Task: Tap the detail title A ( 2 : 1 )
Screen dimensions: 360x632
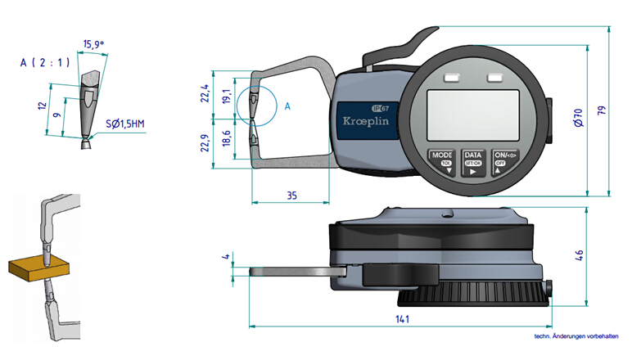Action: tap(45, 61)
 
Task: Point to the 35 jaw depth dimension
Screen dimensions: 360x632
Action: tap(291, 195)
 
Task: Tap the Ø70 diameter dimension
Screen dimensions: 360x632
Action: tap(577, 118)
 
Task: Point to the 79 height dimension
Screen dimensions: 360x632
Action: tap(603, 111)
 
